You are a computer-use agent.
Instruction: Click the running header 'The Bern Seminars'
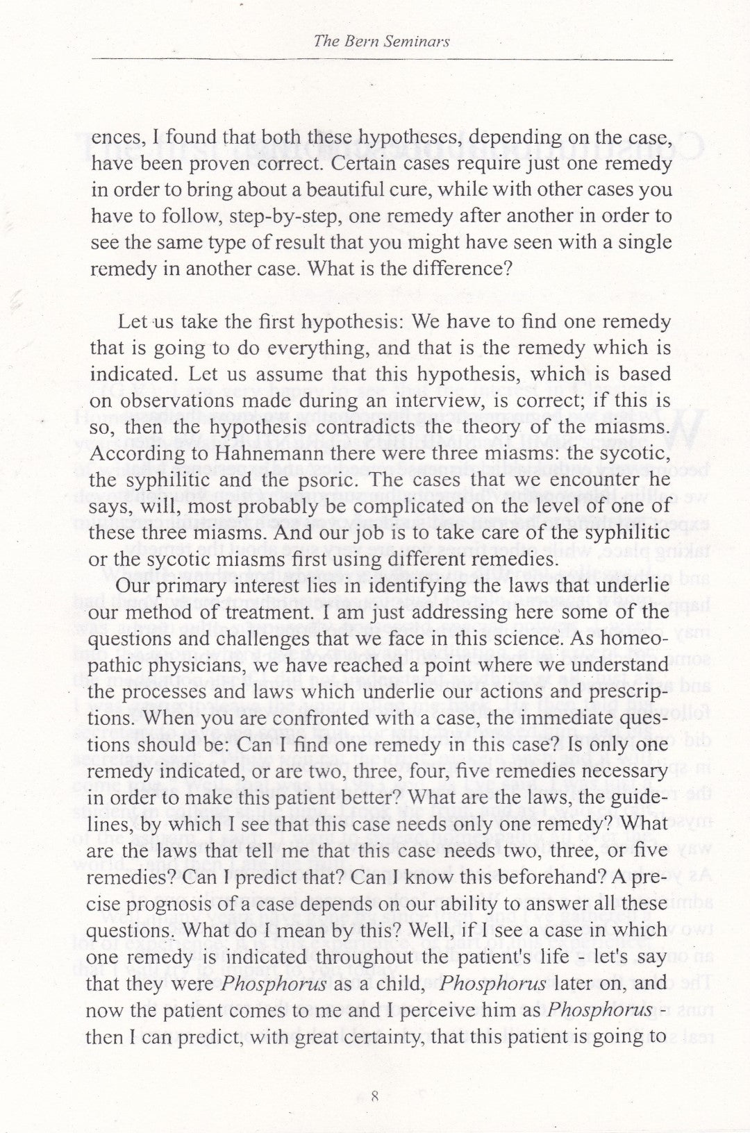(x=382, y=41)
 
